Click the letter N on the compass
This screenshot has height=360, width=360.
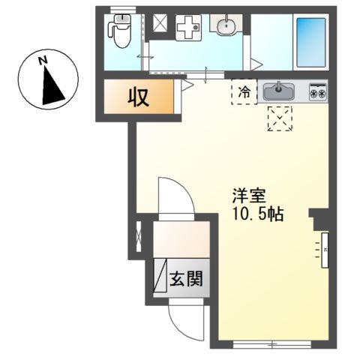pyautogui.click(x=43, y=59)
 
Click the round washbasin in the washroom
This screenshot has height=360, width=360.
pyautogui.click(x=224, y=27)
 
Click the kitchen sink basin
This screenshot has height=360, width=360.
pyautogui.click(x=280, y=91)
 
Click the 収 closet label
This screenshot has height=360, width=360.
pyautogui.click(x=136, y=97)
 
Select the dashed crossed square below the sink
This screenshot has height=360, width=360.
pyautogui.click(x=280, y=118)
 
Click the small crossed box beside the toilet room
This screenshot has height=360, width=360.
pyautogui.click(x=159, y=26)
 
